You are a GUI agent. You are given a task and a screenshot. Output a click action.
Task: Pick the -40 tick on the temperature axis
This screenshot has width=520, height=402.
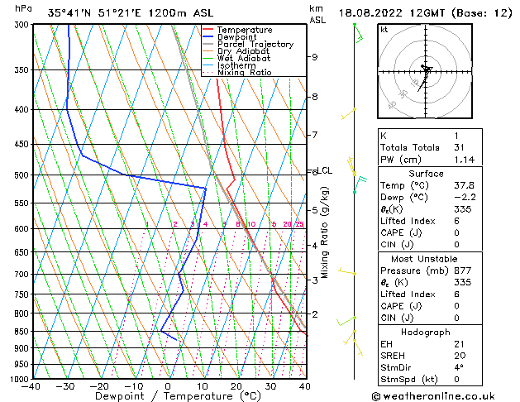[32, 385]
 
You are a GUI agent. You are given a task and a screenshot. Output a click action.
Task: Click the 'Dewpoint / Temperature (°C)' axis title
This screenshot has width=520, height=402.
[167, 396]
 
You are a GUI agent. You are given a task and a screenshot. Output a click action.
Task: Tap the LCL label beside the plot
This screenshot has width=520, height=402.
[325, 171]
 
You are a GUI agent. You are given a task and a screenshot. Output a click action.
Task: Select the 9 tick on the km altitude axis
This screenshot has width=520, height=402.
[315, 57]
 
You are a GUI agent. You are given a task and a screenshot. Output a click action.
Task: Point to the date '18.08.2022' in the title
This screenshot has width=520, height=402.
[368, 12]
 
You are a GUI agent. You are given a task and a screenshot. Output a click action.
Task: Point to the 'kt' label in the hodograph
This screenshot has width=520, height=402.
[384, 29]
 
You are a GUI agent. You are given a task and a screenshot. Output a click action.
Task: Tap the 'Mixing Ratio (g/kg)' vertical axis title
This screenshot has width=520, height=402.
[326, 232]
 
